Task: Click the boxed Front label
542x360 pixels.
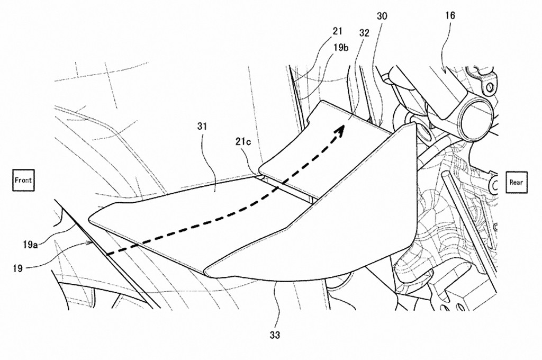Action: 23,180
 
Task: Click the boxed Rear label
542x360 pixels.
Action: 516,182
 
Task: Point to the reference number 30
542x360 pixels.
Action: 382,16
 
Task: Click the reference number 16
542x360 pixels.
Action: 450,16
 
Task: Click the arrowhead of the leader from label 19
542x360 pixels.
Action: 91,242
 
